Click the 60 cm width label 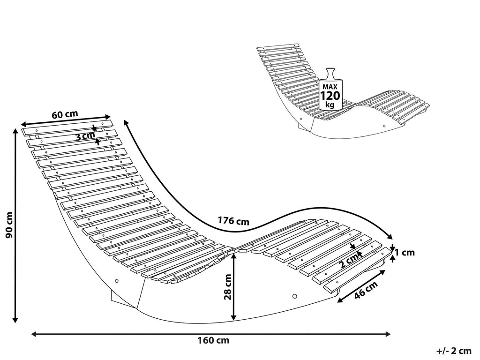[65, 114]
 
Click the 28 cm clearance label [228, 287]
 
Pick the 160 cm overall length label [213, 340]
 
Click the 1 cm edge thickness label [405, 253]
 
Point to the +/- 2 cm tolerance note [454, 351]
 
